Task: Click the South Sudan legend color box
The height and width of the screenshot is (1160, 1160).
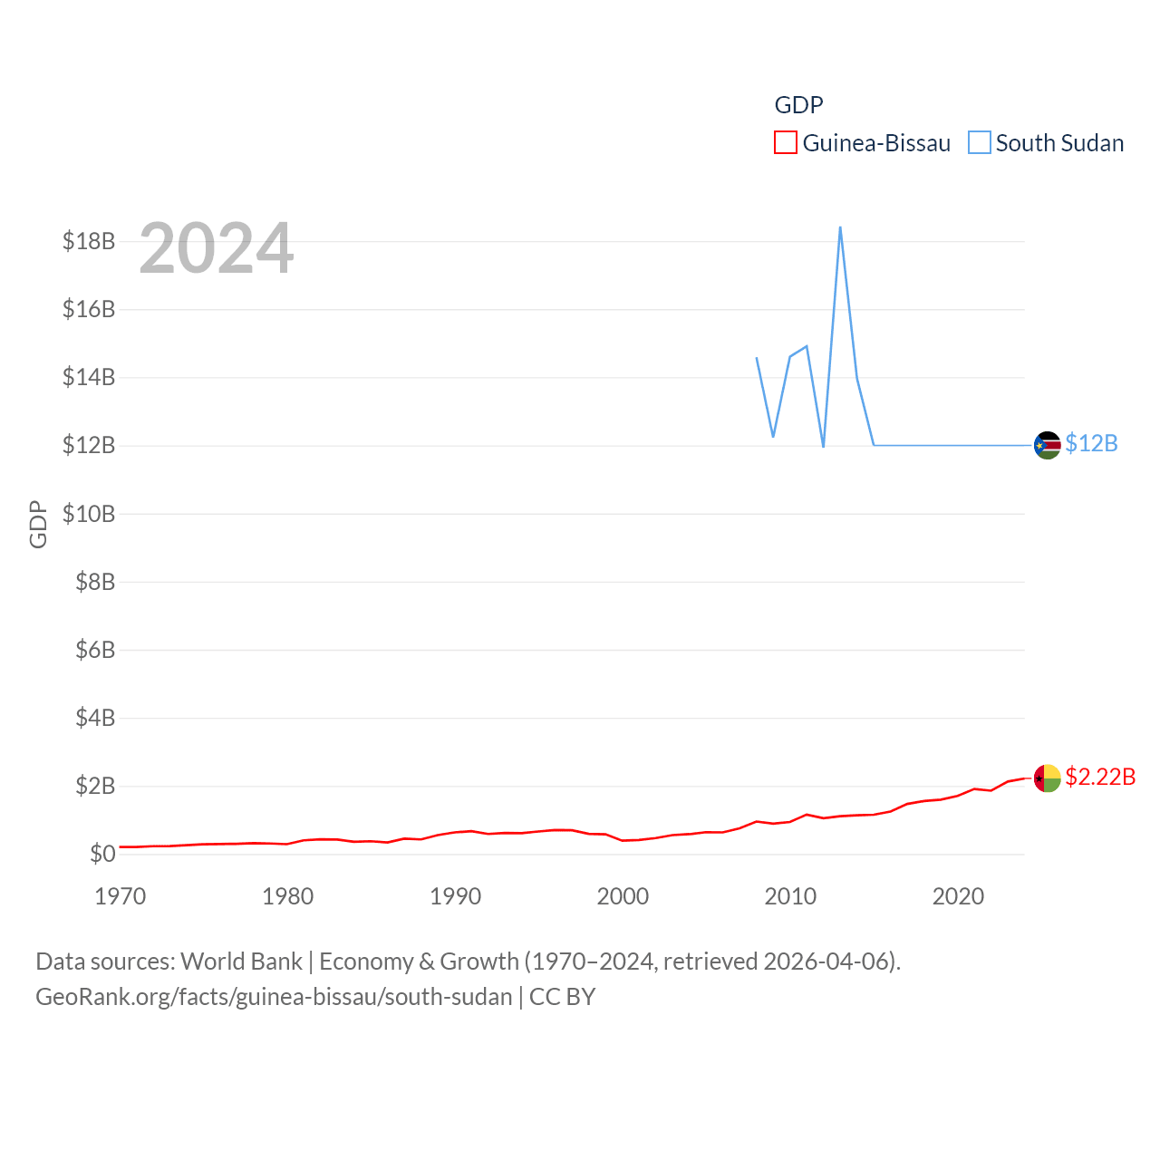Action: [980, 143]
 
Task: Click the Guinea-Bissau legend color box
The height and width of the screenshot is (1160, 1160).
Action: [786, 143]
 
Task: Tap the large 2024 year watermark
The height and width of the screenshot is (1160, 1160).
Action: [217, 247]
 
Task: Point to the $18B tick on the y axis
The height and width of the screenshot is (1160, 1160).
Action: [89, 241]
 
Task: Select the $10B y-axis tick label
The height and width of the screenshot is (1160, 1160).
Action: [89, 514]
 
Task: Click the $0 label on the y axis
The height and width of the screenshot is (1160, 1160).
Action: [102, 854]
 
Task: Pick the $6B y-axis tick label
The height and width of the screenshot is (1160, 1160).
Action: [95, 650]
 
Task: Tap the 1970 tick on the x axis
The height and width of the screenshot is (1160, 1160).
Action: [121, 896]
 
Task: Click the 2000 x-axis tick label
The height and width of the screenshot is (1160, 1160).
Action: [623, 896]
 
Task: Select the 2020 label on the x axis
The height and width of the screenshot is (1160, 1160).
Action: [958, 896]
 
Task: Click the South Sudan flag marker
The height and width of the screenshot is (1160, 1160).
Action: [1048, 445]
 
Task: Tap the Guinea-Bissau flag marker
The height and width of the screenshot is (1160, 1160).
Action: [1048, 778]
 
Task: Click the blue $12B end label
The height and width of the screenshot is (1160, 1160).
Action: [1091, 443]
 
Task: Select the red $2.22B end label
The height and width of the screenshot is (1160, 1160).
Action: [1100, 777]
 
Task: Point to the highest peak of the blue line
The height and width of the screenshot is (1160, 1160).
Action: [840, 227]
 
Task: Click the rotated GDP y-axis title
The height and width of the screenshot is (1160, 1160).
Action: [38, 524]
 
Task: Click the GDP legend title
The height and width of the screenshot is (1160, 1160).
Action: [798, 105]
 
